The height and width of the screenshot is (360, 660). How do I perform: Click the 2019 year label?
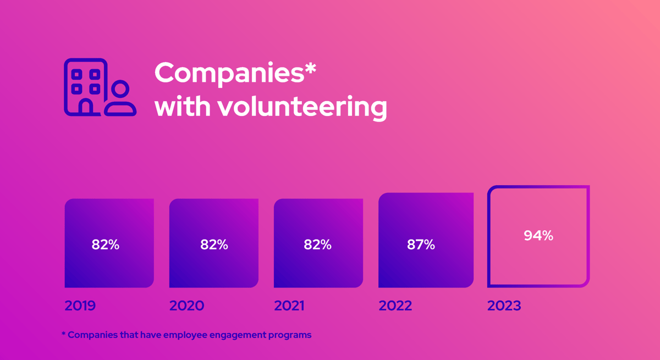pos(80,306)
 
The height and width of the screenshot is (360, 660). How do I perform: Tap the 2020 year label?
pos(186,306)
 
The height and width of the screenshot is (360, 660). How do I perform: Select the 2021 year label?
pos(289,306)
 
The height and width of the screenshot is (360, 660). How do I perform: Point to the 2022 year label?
pos(395,306)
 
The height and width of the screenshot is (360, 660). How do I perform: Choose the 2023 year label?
pos(504,306)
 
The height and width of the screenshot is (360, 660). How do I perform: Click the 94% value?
pos(538,236)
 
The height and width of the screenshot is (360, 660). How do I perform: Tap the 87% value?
pos(421,245)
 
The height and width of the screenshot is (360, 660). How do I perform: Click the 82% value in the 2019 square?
pos(106,245)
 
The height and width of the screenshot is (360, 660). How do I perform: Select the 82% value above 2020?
pos(214,245)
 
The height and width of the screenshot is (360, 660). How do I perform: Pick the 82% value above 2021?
pos(317,245)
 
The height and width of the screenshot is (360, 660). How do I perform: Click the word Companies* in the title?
pos(235,73)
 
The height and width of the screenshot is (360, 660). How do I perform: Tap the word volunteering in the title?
pos(302,107)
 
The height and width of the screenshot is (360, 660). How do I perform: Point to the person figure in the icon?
pos(121,99)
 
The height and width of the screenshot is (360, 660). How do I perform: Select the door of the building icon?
pos(86,107)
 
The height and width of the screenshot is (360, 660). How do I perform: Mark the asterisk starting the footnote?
pos(63,334)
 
